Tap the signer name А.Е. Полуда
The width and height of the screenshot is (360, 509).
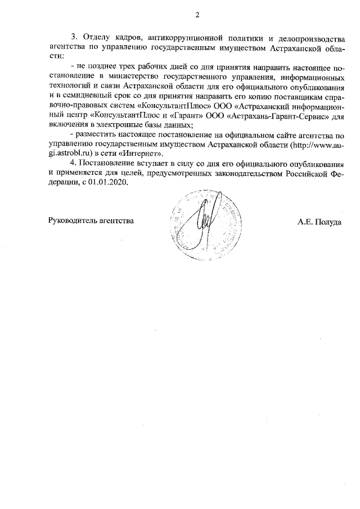point(319,222)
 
